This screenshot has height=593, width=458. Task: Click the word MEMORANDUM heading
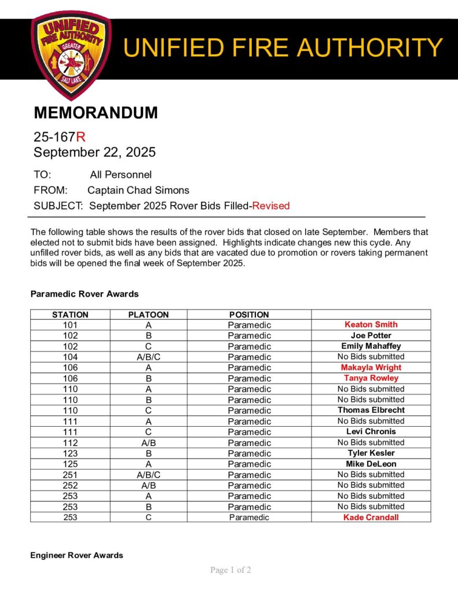click(x=96, y=113)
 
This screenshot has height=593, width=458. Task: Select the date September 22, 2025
click(x=94, y=152)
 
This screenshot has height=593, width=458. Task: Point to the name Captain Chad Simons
click(x=138, y=190)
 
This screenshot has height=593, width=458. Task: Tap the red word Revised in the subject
click(x=270, y=206)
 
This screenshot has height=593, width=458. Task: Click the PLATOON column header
click(x=148, y=314)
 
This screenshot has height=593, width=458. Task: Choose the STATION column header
click(x=70, y=314)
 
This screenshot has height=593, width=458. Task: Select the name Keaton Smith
click(x=371, y=325)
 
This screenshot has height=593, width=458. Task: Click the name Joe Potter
click(x=371, y=335)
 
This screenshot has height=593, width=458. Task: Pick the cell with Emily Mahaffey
click(x=371, y=346)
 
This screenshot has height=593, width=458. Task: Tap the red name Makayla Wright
click(x=371, y=368)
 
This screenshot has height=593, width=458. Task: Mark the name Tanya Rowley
click(x=371, y=378)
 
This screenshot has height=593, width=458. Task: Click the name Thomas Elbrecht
click(x=371, y=410)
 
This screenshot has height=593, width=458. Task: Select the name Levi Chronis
click(x=371, y=432)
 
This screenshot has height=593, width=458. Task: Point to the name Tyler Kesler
click(x=371, y=453)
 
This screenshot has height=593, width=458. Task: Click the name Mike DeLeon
click(x=371, y=464)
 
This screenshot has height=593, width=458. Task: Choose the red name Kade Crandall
click(x=371, y=517)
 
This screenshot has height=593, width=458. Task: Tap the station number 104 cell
click(x=70, y=357)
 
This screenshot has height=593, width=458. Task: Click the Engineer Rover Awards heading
click(x=76, y=555)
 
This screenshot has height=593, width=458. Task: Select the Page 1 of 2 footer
click(x=230, y=570)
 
